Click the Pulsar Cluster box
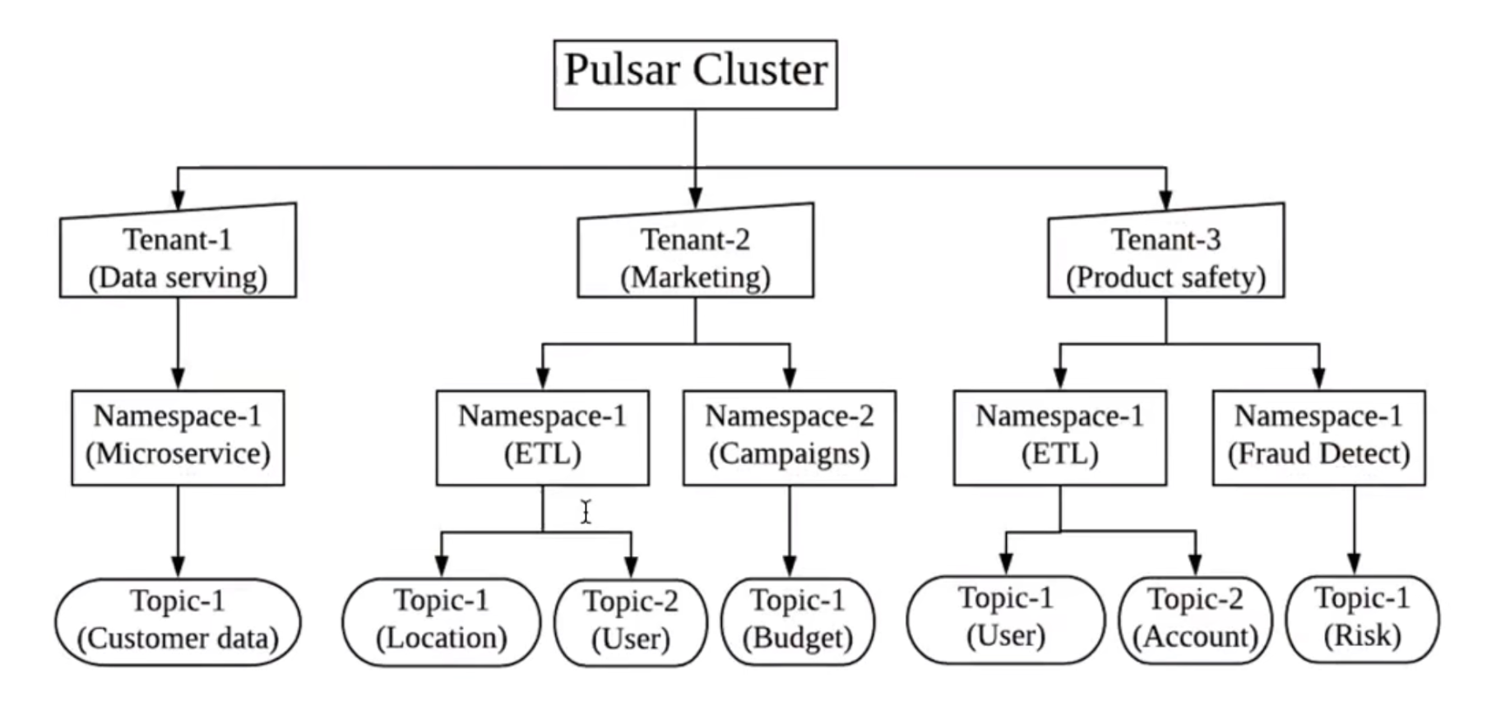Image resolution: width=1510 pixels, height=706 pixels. pos(695,74)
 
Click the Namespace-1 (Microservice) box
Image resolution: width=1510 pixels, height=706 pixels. pos(178,438)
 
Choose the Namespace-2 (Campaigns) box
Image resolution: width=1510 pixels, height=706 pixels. pos(790,438)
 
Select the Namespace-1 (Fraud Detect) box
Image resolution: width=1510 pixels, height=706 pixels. pos(1318,438)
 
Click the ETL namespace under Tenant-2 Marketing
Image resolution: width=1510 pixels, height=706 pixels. pos(542,438)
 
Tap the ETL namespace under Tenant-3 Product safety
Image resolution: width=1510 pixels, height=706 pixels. pos(1059,438)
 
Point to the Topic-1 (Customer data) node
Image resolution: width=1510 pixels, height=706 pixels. pos(178,621)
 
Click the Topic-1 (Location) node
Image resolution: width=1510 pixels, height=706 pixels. pos(442,621)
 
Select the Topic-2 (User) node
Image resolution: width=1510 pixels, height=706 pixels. pos(631,622)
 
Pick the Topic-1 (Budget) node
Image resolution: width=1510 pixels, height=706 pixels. pos(798,621)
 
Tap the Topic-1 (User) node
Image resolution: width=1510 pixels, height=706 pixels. pos(1006,620)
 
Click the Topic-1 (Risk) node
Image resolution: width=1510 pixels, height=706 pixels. pos(1362,620)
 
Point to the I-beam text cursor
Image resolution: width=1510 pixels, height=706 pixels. pos(586,512)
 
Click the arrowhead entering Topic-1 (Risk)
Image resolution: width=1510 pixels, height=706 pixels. pos(1354,565)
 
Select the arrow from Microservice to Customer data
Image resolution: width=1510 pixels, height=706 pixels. pos(178,532)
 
